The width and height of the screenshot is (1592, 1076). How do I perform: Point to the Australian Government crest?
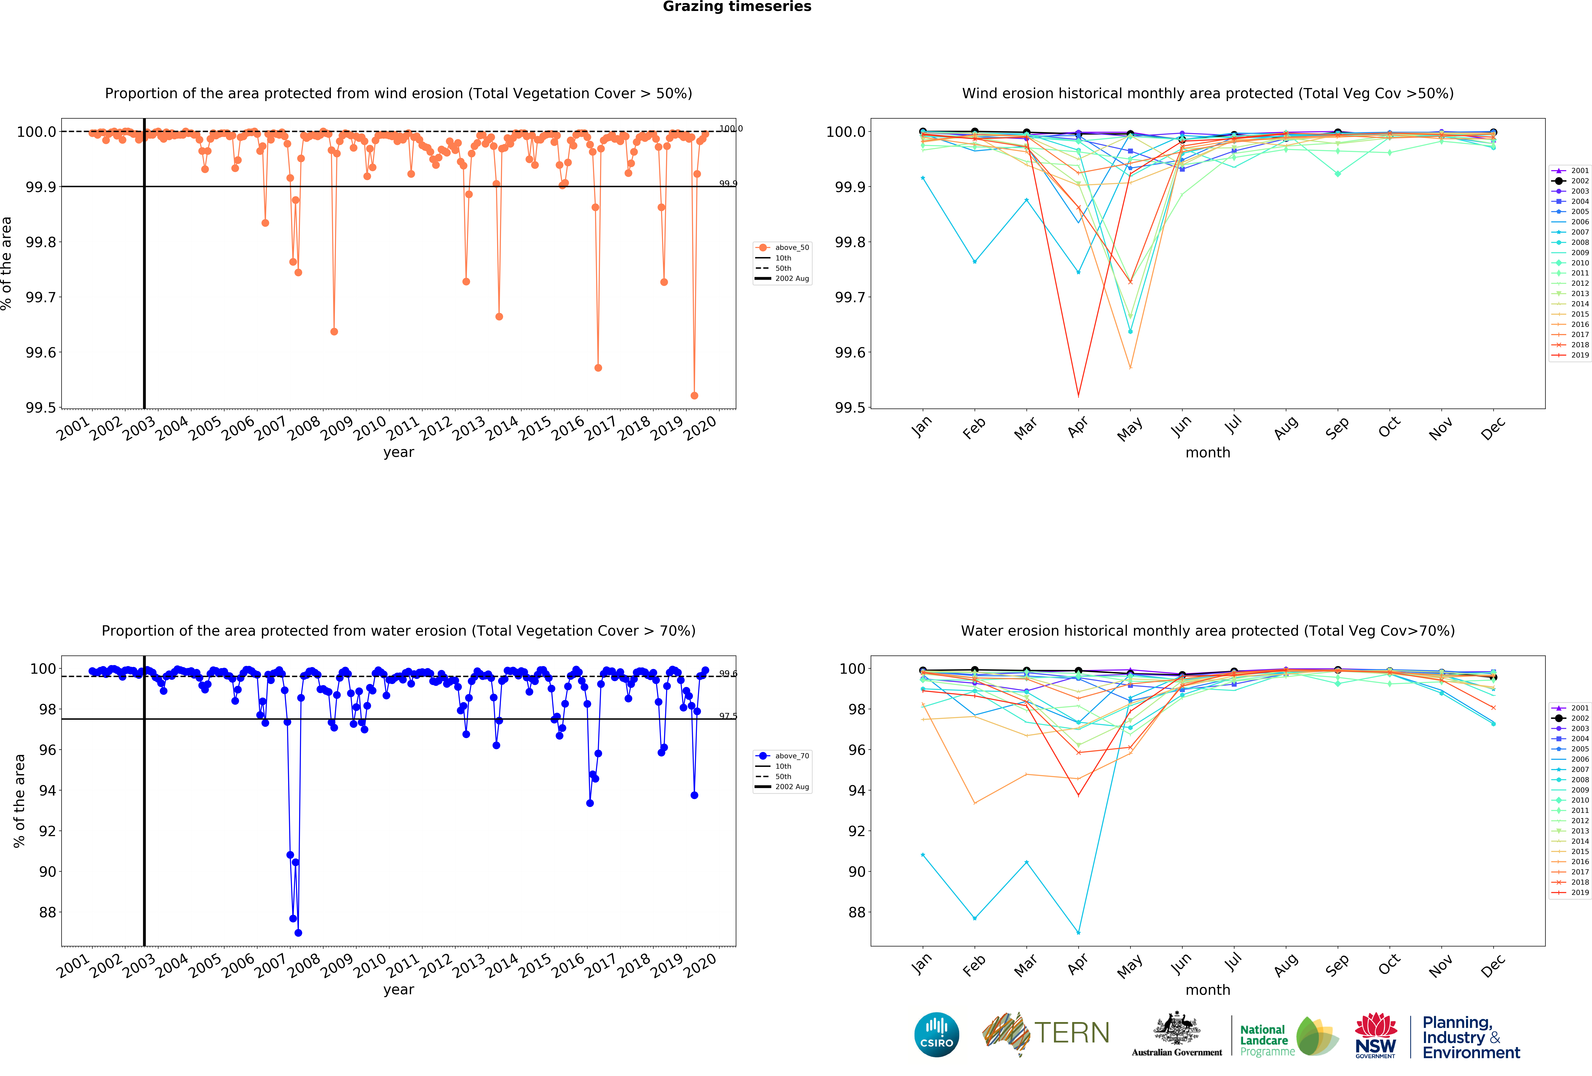pyautogui.click(x=1176, y=1028)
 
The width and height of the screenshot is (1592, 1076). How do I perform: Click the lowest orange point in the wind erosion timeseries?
pyautogui.click(x=694, y=395)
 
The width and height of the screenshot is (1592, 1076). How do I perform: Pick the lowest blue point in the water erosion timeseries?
pyautogui.click(x=298, y=933)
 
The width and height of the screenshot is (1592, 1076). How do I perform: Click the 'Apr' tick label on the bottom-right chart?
pyautogui.click(x=1078, y=964)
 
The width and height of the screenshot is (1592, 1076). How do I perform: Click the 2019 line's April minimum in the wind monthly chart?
pyautogui.click(x=1078, y=396)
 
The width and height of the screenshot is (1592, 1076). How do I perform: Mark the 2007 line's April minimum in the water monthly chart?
pyautogui.click(x=1078, y=933)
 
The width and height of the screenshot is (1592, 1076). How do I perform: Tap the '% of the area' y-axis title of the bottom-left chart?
pyautogui.click(x=19, y=801)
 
